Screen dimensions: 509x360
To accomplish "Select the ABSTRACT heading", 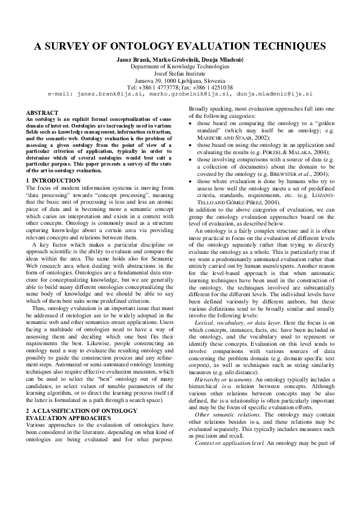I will click(x=42, y=113).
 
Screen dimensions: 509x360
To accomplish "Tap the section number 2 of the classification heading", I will click(x=28, y=410).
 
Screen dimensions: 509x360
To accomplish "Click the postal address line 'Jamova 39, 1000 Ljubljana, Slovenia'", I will click(x=180, y=80).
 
